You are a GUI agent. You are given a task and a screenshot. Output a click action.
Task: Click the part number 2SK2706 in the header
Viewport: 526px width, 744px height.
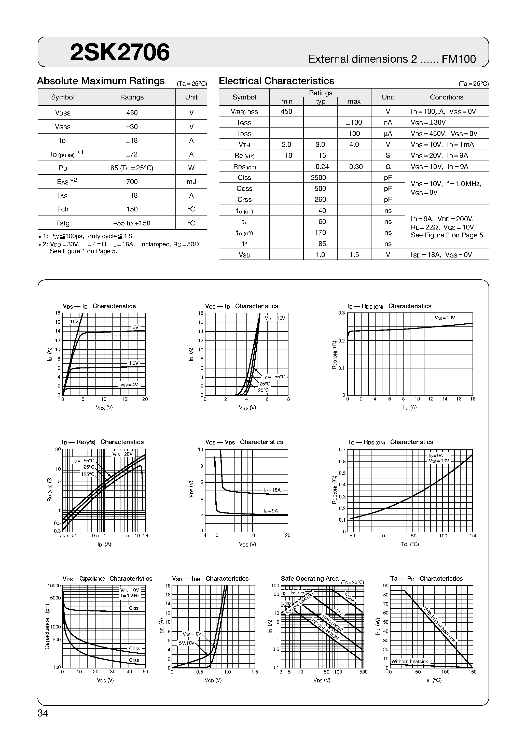(x=120, y=52)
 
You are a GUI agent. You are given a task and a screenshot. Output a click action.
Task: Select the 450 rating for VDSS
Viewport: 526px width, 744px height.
(x=132, y=113)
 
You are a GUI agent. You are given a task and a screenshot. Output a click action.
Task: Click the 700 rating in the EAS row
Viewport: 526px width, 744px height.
(x=132, y=181)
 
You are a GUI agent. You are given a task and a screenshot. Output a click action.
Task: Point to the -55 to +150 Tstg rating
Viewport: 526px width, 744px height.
(x=132, y=223)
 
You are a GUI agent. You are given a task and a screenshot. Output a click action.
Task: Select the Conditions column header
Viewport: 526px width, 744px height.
(x=446, y=97)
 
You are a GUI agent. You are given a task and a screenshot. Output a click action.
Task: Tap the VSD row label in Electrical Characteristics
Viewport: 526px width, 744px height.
(x=244, y=255)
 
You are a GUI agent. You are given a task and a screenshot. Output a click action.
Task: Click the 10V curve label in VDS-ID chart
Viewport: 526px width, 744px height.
(x=74, y=321)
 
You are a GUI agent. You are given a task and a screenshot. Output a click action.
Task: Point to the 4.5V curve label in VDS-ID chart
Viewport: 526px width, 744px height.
(x=133, y=363)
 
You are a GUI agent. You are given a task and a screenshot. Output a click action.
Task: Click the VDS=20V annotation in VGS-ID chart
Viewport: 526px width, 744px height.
(x=275, y=318)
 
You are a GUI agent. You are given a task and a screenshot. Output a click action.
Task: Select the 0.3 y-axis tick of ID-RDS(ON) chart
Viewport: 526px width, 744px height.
(x=341, y=313)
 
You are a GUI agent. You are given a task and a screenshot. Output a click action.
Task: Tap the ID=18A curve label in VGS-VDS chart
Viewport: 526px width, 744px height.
(x=272, y=490)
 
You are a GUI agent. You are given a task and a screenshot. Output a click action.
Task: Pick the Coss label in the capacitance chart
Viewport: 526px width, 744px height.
(x=134, y=648)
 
